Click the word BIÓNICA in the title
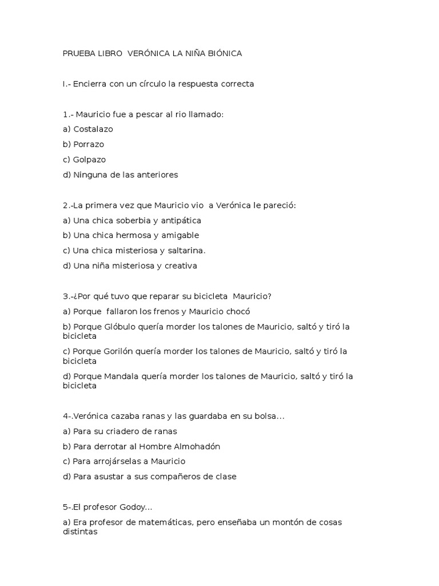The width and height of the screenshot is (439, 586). (x=222, y=53)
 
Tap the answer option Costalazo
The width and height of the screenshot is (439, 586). (x=93, y=129)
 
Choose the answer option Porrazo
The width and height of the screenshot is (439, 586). (x=89, y=144)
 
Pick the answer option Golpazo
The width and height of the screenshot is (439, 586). (x=89, y=160)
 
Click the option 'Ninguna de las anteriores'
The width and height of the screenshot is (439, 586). (x=126, y=175)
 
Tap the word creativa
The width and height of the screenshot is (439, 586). (x=178, y=266)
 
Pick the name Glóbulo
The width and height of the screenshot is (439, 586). (x=122, y=327)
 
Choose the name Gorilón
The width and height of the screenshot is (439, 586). (x=121, y=352)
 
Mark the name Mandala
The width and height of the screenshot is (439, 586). (x=123, y=377)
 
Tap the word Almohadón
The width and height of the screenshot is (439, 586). (x=193, y=446)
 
